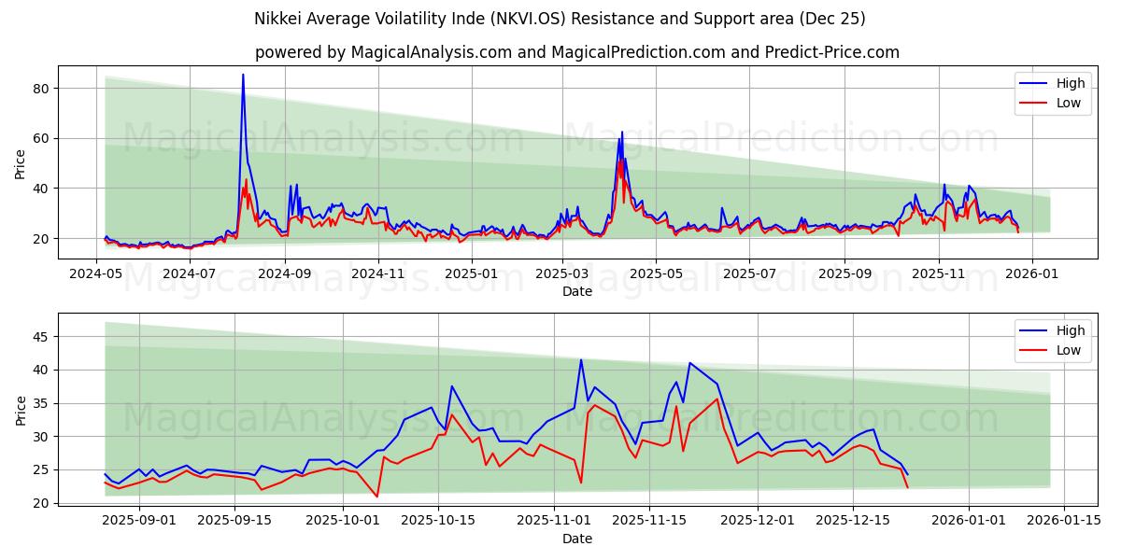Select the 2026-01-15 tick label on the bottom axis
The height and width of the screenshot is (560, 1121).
click(x=1064, y=520)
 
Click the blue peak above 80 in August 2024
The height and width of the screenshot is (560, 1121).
click(x=243, y=75)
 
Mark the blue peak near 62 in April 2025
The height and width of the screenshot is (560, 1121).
click(x=622, y=133)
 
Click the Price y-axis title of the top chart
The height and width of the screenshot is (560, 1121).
click(x=21, y=162)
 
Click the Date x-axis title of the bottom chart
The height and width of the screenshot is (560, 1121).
click(x=576, y=539)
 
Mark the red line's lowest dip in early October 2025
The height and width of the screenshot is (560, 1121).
click(x=377, y=497)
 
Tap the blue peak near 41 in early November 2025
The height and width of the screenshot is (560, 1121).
click(x=581, y=360)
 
